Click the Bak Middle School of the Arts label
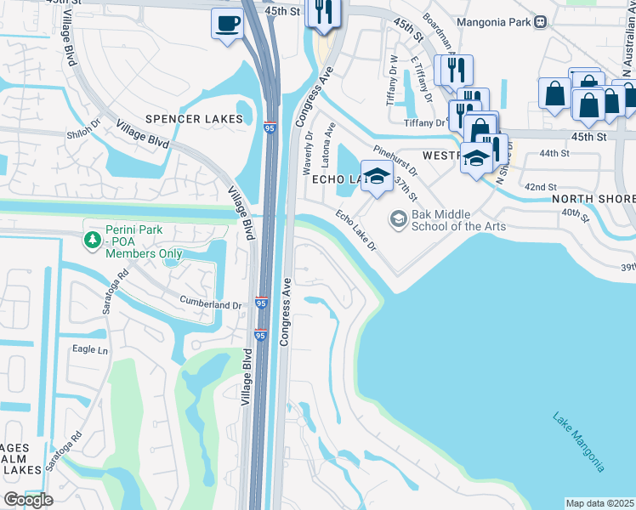pos(458,220)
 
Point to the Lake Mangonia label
pos(578,441)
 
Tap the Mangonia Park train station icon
pos(540,23)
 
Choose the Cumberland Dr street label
pos(211,304)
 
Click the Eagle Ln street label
pos(91,349)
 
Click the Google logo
pos(27,500)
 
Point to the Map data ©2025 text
pos(600,503)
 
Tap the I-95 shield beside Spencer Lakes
pos(270,125)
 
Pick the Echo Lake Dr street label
pos(355,230)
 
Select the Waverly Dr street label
pos(308,153)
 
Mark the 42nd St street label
pos(540,186)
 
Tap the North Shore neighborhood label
pos(593,199)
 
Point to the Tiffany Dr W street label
pos(392,75)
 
